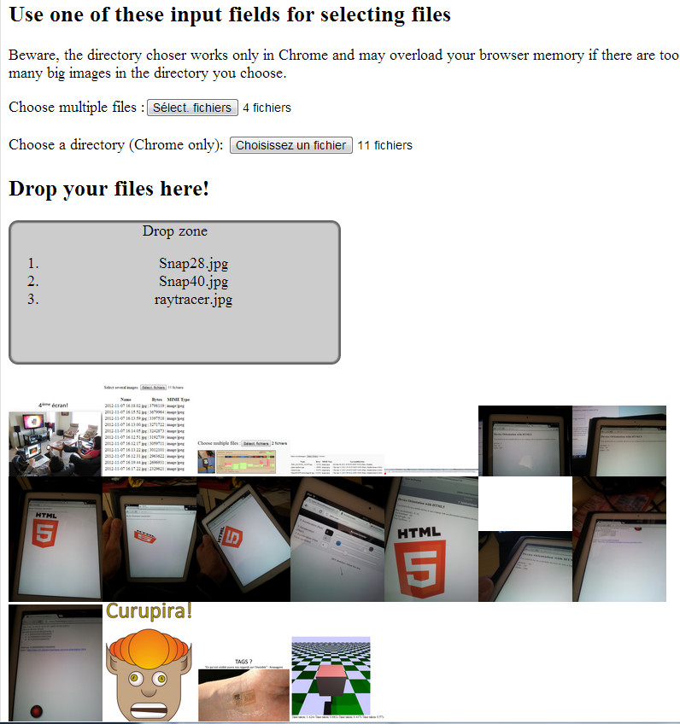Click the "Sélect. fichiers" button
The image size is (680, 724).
coord(192,108)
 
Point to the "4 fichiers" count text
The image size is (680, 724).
coord(267,108)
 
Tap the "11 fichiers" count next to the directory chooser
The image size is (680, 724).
coord(384,145)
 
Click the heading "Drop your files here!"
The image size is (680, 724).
coord(108,189)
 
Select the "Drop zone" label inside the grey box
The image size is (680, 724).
coord(174,231)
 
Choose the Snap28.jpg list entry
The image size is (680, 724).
coord(193,263)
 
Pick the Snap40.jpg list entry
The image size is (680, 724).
coord(193,281)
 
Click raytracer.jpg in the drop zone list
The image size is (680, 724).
coord(193,299)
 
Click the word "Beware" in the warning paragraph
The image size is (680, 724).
coord(34,55)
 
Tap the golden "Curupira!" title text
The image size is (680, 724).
coord(149,611)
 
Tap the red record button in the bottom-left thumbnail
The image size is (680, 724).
coord(37,710)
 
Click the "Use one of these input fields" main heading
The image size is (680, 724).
coord(230,15)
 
